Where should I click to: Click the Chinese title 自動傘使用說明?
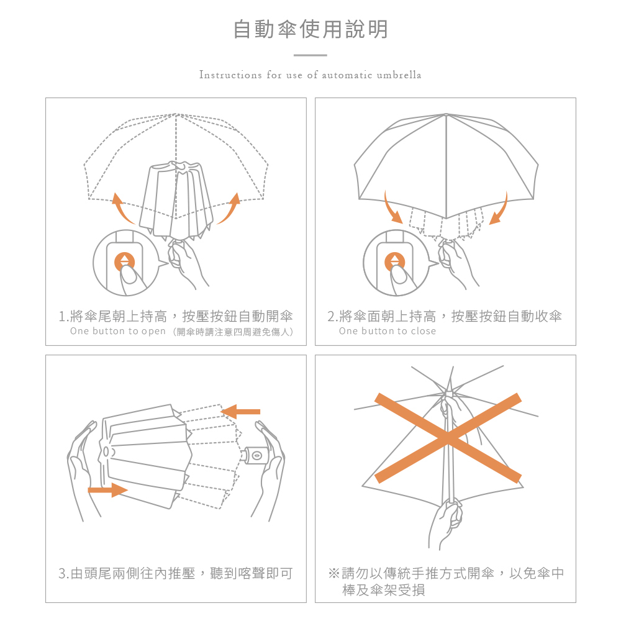click(x=310, y=29)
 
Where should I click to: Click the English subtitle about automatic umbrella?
click(x=310, y=75)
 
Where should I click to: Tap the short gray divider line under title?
click(x=310, y=55)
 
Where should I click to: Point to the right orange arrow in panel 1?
click(x=227, y=209)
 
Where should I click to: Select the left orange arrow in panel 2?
click(x=392, y=208)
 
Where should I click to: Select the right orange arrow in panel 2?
click(x=499, y=209)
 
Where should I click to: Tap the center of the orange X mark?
click(x=448, y=438)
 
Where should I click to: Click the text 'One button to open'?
click(x=118, y=332)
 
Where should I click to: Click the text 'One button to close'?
click(x=388, y=332)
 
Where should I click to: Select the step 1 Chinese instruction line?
click(x=176, y=317)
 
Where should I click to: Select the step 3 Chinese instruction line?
click(x=176, y=573)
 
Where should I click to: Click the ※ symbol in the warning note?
click(x=333, y=573)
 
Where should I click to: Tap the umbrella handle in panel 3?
click(x=256, y=456)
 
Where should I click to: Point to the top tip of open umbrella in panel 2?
click(x=446, y=114)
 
